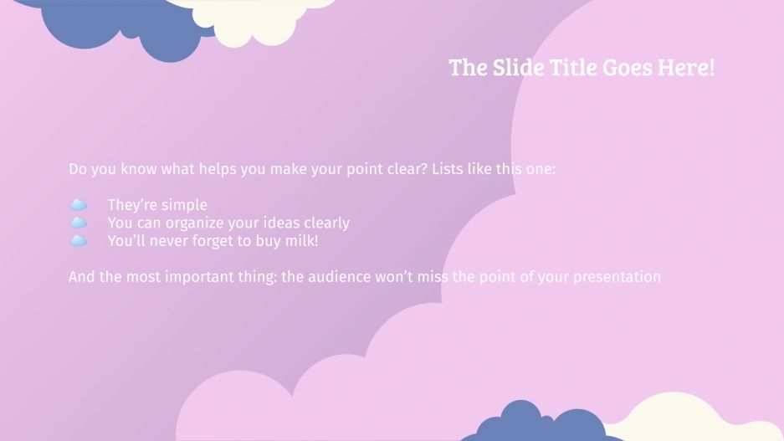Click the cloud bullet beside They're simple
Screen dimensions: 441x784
[79, 205]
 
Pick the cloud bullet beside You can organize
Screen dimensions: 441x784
[79, 223]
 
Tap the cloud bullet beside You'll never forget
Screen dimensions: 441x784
[79, 241]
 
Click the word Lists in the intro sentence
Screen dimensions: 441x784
[449, 169]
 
